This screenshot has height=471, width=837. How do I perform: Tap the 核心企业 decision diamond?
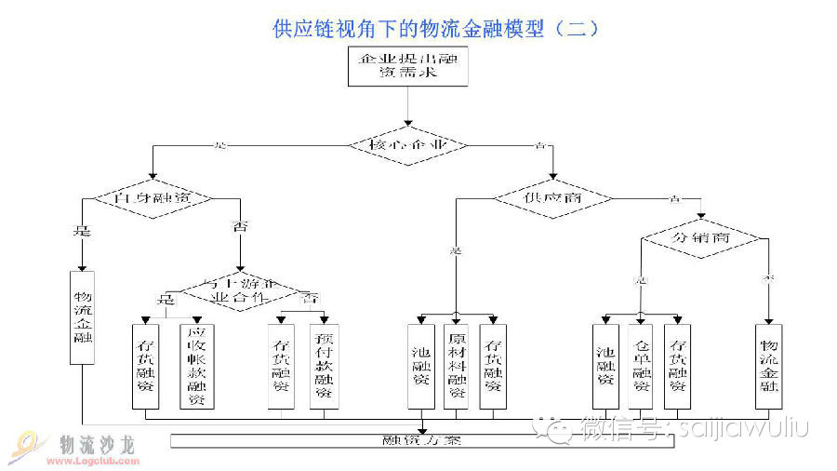(408, 145)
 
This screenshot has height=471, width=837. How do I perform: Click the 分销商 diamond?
(701, 238)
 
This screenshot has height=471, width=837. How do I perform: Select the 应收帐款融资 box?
(196, 366)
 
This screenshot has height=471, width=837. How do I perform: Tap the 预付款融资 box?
(323, 366)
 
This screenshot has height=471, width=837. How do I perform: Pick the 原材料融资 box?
(456, 366)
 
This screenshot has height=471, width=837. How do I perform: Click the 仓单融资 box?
(642, 366)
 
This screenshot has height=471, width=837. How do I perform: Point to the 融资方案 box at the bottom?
(421, 440)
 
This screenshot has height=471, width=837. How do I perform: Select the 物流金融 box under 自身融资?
(82, 316)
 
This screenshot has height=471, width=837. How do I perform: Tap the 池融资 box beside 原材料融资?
(420, 366)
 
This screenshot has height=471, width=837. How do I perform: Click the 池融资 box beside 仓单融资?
(605, 366)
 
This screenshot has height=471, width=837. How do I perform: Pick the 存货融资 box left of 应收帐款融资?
(146, 366)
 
